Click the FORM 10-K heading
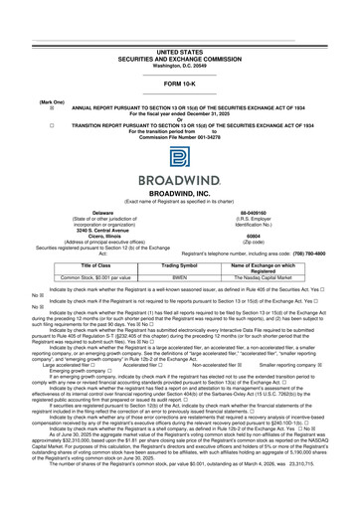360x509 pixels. click(180, 85)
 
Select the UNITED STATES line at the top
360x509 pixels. click(180, 50)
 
